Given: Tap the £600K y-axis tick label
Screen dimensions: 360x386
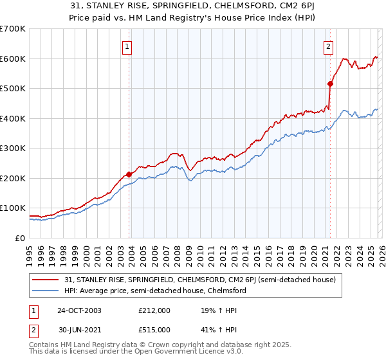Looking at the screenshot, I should (x=13, y=59).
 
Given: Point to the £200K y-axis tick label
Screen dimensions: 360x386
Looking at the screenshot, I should (x=13, y=178).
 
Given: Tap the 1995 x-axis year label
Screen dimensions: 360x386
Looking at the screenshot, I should (x=30, y=255).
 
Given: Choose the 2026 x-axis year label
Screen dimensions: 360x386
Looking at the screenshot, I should (x=380, y=255).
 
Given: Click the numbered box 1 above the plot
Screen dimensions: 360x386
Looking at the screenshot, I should (x=127, y=46).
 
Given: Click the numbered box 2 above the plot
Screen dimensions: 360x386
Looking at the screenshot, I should (x=328, y=46).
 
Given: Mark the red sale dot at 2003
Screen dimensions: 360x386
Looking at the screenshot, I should (x=129, y=174).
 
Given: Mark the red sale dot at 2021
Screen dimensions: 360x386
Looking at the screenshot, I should (x=331, y=84).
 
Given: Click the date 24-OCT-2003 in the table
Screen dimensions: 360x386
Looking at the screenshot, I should (x=78, y=310).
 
